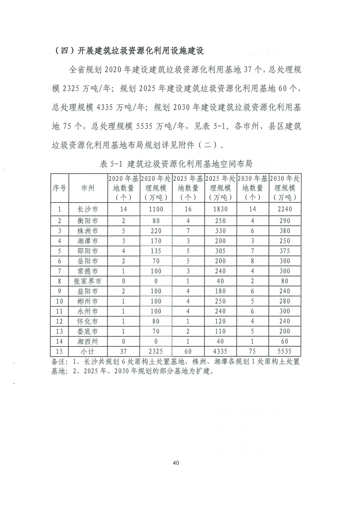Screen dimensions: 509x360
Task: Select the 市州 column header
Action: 88,188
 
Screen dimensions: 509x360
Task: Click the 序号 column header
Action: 59,188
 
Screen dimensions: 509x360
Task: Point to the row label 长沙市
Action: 88,209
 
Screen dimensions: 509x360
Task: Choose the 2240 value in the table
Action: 285,209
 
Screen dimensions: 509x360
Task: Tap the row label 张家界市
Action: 88,281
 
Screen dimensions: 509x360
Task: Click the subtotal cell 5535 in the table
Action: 285,350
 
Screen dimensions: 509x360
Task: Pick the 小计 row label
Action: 88,350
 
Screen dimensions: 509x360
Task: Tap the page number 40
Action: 176,463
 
